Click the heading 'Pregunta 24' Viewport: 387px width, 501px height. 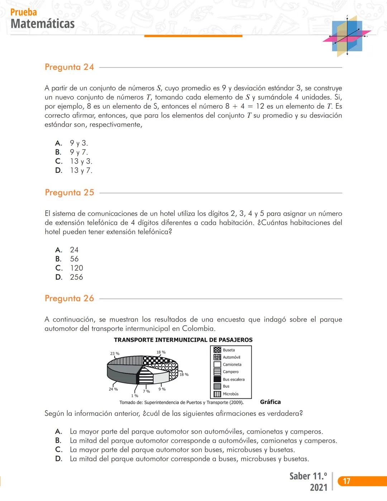tap(69, 67)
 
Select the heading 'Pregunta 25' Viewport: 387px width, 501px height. tap(69, 193)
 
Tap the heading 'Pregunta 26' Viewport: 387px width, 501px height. tap(69, 298)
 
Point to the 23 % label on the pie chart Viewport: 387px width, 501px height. tap(115, 354)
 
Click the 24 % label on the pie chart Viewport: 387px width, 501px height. tap(113, 389)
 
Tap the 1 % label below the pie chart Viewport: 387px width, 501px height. tap(134, 396)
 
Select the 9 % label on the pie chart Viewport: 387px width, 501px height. tap(162, 389)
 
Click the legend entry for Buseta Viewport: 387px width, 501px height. tap(229, 350)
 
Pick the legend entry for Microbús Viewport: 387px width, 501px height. tap(230, 394)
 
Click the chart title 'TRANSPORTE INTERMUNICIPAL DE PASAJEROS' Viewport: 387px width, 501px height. tap(183, 340)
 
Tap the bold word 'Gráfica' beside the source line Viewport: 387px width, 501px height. tap(270, 402)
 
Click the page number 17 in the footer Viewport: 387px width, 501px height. tap(347, 481)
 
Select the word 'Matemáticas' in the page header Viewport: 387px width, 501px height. tap(43, 24)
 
